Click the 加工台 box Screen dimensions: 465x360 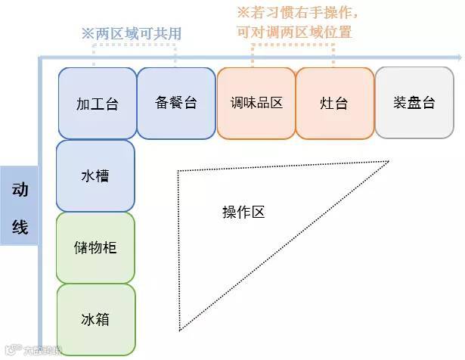pyautogui.click(x=97, y=104)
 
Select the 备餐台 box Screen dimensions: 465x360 pyautogui.click(x=175, y=104)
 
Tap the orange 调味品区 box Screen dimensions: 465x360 pyautogui.click(x=256, y=104)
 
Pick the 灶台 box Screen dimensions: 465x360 pyautogui.click(x=334, y=104)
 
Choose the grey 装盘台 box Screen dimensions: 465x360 pyautogui.click(x=414, y=104)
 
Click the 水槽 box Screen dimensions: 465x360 pyautogui.click(x=95, y=176)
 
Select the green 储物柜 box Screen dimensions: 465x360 pyautogui.click(x=95, y=248)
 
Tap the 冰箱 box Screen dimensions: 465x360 pyautogui.click(x=95, y=320)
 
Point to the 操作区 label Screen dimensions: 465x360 pyautogui.click(x=243, y=213)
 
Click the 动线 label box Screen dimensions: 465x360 pyautogui.click(x=19, y=206)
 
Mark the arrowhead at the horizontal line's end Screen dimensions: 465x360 pyautogui.click(x=456, y=57)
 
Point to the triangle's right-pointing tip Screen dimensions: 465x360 pyautogui.click(x=389, y=161)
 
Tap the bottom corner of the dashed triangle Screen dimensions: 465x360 pyautogui.click(x=179, y=331)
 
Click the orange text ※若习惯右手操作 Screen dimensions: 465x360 pyautogui.click(x=297, y=14)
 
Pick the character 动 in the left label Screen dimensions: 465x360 pyautogui.click(x=20, y=190)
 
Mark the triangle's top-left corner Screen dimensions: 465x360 pyautogui.click(x=178, y=172)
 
